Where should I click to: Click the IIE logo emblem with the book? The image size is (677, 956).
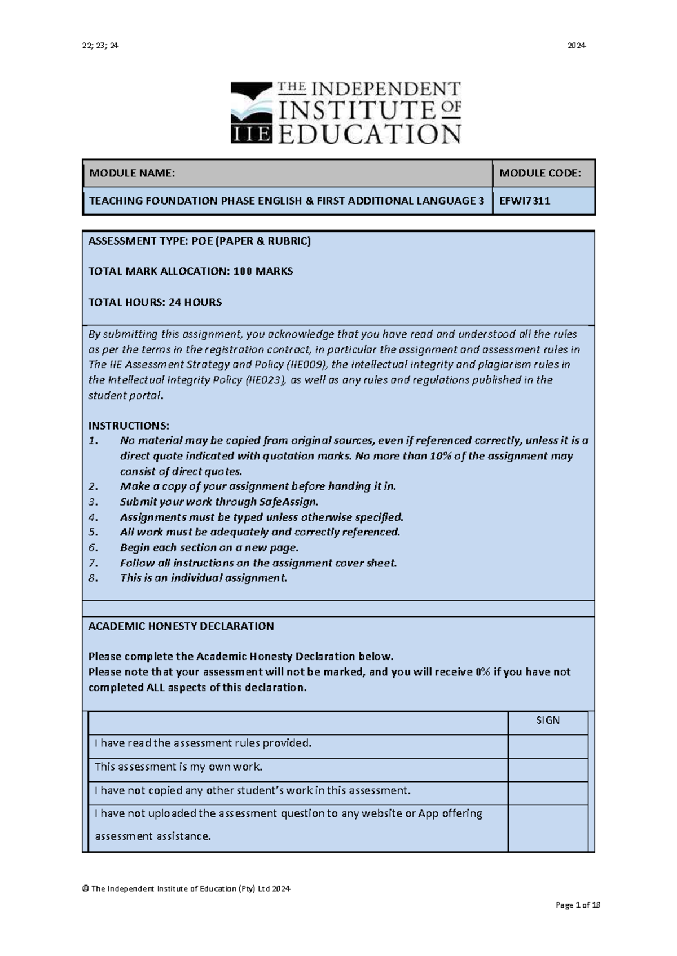(252, 113)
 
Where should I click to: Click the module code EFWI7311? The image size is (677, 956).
(525, 201)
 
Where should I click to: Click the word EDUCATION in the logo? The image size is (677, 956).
(370, 134)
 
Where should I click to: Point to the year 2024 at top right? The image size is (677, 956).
(576, 46)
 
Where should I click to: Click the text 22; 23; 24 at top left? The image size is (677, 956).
(100, 46)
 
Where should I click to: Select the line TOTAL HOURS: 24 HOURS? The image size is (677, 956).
(155, 302)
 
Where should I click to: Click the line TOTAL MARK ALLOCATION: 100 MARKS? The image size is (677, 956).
(191, 271)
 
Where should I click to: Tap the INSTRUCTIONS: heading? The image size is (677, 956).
(129, 426)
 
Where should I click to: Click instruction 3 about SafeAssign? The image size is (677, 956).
(219, 502)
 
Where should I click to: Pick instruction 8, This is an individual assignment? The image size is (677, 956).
(203, 578)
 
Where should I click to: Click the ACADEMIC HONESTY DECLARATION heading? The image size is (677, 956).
(181, 626)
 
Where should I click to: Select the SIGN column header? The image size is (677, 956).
(548, 720)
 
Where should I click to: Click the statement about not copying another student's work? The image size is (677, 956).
(252, 790)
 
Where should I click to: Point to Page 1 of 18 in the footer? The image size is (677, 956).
(578, 905)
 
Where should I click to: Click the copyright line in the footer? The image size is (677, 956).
(186, 889)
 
